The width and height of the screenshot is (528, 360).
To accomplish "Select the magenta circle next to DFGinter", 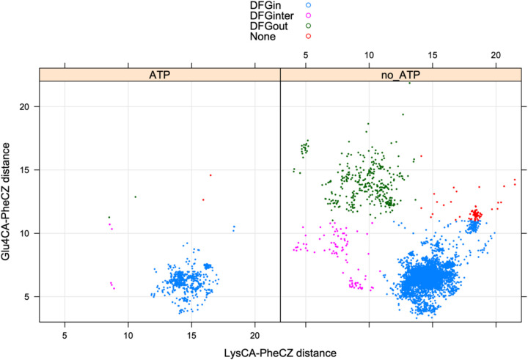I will [309, 15].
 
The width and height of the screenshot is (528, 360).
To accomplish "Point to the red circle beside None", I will [309, 36].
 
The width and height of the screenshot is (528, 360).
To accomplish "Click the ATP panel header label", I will [160, 74].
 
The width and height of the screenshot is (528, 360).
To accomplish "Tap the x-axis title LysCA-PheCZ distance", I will [281, 352].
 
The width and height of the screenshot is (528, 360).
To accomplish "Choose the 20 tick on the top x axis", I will [496, 55].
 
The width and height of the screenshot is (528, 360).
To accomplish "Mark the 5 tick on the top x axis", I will [306, 55].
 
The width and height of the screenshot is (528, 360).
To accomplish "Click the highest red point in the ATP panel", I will [210, 175].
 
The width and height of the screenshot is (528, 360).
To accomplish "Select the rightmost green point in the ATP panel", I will [135, 196].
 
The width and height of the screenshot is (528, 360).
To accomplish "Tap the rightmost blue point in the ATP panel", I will [234, 227].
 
